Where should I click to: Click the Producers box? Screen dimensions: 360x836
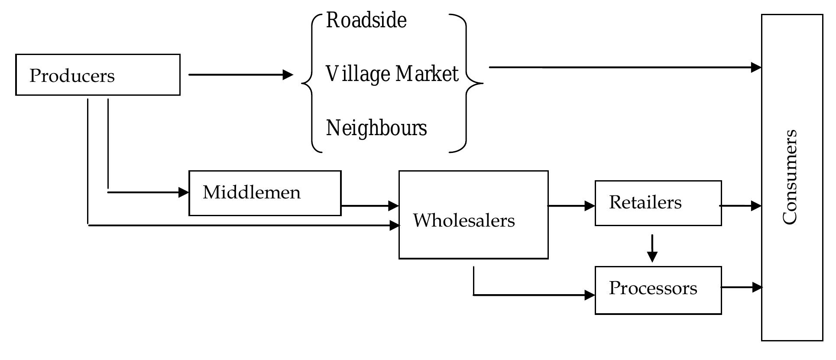[x=97, y=75]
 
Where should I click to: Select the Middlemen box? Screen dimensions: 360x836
[x=265, y=193]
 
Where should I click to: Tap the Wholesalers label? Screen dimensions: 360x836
[x=463, y=221]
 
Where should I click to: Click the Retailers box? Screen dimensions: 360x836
[x=658, y=203]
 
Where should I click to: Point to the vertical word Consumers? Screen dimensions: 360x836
[x=790, y=177]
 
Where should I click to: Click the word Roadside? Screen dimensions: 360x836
[x=366, y=20]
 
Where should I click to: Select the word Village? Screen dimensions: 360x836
[x=358, y=74]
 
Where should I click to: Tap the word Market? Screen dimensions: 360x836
[x=427, y=74]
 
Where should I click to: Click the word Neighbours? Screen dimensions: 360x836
[x=376, y=128]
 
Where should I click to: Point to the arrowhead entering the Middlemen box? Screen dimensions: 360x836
[x=184, y=192]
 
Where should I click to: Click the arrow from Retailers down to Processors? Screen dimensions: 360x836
[x=652, y=249]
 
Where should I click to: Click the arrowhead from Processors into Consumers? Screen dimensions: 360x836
[x=757, y=287]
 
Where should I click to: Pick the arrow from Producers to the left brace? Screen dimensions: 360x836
[x=240, y=75]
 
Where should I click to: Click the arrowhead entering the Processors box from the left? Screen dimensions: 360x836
[x=590, y=295]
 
